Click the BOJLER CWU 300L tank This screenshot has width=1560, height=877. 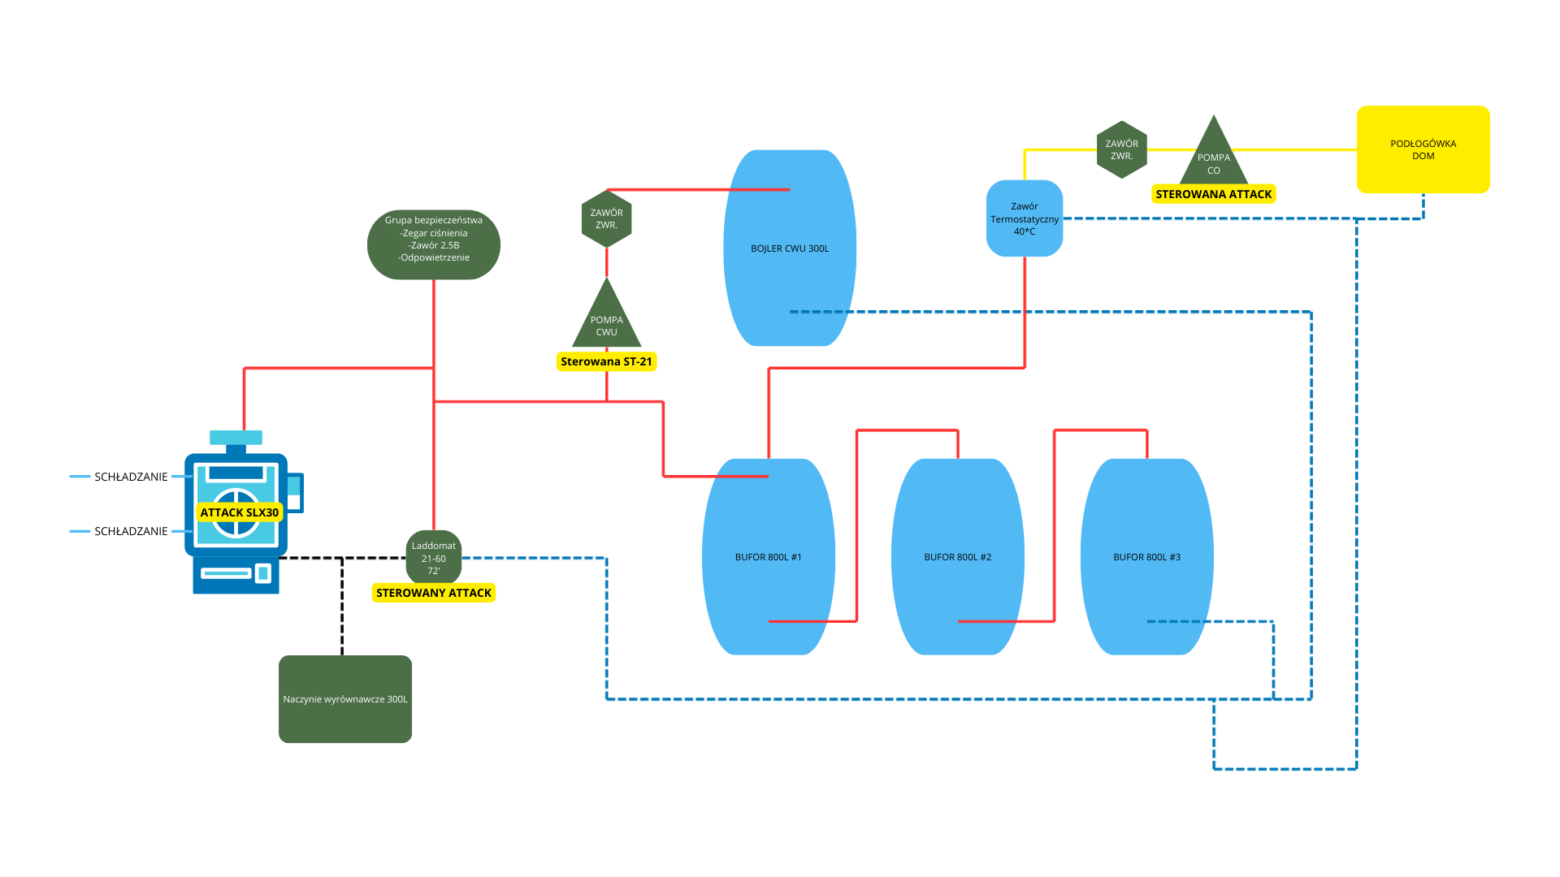[790, 248]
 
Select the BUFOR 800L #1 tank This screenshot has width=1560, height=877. [768, 557]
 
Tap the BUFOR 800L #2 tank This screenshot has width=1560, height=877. [957, 557]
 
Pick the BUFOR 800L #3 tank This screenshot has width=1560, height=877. [1146, 557]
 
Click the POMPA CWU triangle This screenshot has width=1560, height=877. [606, 322]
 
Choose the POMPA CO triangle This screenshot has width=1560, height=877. [1213, 159]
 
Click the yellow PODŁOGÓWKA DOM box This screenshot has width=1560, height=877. [1423, 149]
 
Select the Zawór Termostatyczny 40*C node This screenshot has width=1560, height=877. [1025, 218]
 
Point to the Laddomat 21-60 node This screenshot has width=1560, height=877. [434, 558]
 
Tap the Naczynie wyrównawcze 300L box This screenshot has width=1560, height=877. [345, 699]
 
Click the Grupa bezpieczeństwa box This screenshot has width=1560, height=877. [434, 244]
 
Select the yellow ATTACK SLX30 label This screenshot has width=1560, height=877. [240, 512]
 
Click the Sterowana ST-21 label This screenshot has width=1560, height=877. [606, 361]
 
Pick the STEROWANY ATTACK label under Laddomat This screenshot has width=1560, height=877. [434, 593]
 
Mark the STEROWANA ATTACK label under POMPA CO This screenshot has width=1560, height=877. [1213, 194]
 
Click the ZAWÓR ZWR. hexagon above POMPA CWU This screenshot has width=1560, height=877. [606, 219]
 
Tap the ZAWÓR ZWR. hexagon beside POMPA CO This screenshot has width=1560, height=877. [1121, 149]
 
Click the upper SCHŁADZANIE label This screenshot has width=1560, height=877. [131, 477]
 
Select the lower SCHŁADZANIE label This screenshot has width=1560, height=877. [131, 531]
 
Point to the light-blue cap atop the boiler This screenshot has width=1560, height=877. [236, 438]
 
